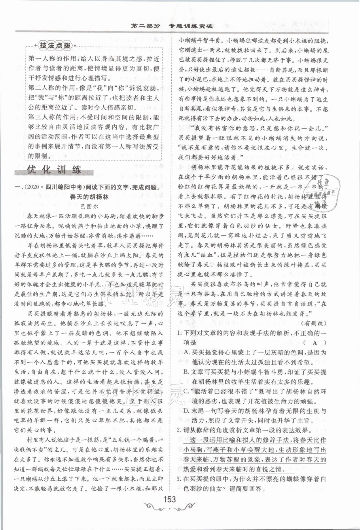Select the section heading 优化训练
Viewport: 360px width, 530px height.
pyautogui.click(x=54, y=170)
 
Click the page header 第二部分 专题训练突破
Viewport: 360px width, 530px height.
pyautogui.click(x=172, y=26)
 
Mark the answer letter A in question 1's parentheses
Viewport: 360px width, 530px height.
pyautogui.click(x=314, y=343)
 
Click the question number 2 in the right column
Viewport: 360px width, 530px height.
pyautogui.click(x=179, y=431)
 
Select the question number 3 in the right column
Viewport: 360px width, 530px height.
pyautogui.click(x=179, y=479)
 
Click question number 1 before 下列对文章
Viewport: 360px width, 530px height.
pyautogui.click(x=179, y=333)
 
